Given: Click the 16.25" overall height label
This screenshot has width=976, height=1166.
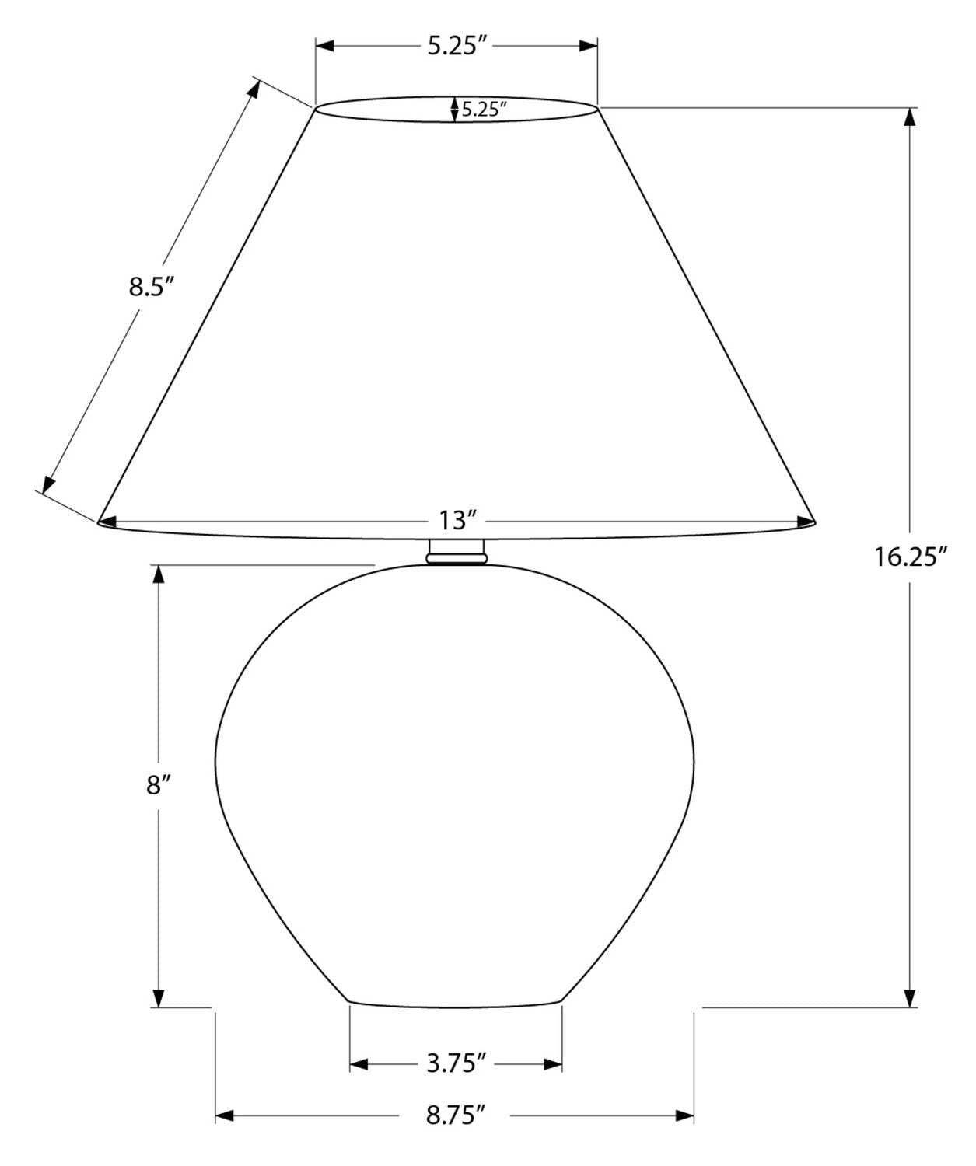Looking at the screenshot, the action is [x=911, y=557].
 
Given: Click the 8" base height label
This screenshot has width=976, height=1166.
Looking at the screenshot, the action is [x=158, y=786].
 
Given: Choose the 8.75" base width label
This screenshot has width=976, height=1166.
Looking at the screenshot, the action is [x=455, y=1131].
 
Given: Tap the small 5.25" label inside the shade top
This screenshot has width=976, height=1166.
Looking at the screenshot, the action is [x=484, y=109].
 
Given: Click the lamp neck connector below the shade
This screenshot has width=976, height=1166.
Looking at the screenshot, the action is [x=457, y=552].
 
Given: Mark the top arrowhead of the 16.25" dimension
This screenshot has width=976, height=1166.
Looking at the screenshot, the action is [x=910, y=117].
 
